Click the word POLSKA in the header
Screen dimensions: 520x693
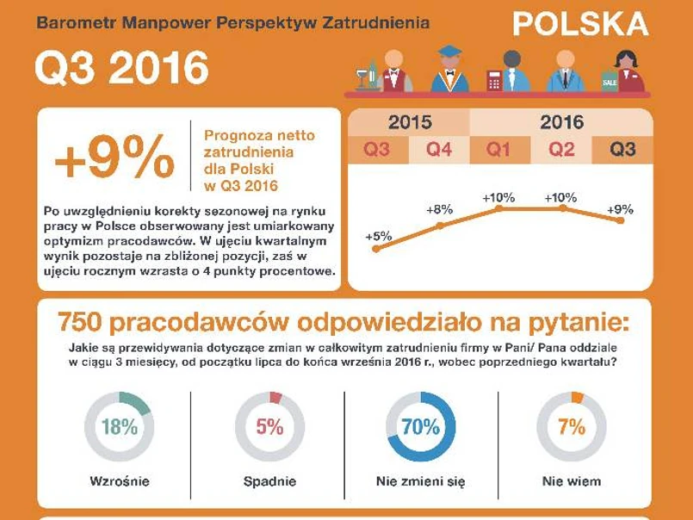point(581,24)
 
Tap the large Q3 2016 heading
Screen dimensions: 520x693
point(121,69)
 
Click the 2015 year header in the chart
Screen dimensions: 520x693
point(410,122)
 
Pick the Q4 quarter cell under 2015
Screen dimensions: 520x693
point(439,150)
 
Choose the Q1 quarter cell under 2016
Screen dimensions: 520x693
point(499,150)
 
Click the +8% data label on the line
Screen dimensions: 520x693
point(439,209)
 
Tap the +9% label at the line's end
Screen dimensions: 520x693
point(620,209)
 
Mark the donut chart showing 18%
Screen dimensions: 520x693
point(119,426)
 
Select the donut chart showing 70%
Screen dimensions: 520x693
point(421,426)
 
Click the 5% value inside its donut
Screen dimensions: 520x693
point(269,427)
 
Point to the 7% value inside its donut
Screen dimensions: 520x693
point(572,427)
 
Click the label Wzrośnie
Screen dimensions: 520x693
point(119,481)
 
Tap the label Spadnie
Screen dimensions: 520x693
point(269,481)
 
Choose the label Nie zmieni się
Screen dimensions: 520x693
point(421,481)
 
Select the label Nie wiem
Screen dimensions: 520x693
point(572,481)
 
